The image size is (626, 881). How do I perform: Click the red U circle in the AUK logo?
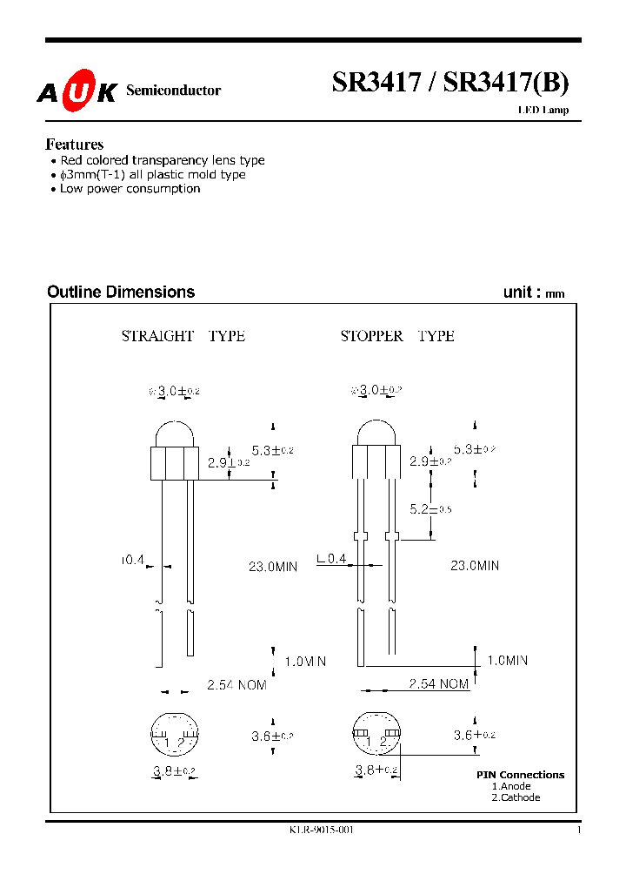point(77,92)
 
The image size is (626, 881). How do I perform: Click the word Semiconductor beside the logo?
point(173,91)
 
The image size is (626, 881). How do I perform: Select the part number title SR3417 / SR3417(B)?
point(450,83)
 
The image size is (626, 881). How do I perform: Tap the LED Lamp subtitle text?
point(543,110)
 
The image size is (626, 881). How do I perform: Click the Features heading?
point(74,145)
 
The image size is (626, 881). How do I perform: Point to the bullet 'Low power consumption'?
point(130,189)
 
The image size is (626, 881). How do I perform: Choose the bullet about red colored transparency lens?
point(162,160)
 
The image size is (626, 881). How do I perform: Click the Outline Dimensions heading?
point(121,293)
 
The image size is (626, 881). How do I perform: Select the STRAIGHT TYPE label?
point(183,336)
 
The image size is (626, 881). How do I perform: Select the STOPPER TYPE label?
point(397,336)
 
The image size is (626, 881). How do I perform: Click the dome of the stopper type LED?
point(376,434)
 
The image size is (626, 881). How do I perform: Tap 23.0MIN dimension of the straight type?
point(273,566)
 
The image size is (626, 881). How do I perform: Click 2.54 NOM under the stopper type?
point(439,684)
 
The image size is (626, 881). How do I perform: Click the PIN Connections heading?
point(520,775)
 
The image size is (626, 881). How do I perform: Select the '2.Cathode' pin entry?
point(516,797)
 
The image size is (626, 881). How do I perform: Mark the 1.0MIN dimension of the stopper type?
point(518,661)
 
